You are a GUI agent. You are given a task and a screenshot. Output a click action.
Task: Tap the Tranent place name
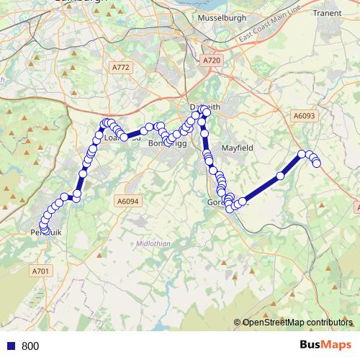point(328,13)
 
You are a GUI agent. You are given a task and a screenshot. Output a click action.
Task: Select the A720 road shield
point(212,61)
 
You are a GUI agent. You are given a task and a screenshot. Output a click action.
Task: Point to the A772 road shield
point(121,67)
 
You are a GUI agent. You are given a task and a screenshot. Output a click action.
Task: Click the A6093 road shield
point(305,114)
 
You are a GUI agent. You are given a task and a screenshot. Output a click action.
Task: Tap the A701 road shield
point(40,271)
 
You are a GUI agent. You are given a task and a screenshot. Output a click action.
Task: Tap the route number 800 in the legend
point(30,346)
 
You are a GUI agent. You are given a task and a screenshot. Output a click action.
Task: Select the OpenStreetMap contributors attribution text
point(294,323)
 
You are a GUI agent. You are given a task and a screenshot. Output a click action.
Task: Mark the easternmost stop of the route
point(317,164)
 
